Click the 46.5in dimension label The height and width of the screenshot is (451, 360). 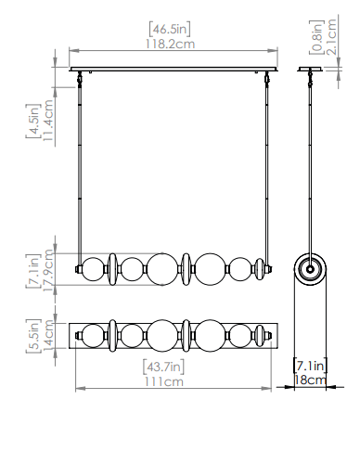pos(170,29)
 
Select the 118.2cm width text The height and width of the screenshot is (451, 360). pos(171,45)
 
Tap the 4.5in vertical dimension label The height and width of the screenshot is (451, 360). pos(33,121)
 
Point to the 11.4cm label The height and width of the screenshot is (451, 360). pos(48,121)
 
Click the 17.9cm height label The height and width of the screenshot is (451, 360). pos(48,270)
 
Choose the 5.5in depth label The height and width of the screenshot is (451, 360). pos(33,336)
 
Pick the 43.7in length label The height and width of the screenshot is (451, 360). pos(163,367)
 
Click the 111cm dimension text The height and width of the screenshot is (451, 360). pos(164,381)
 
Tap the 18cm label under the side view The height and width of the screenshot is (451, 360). pos(310,380)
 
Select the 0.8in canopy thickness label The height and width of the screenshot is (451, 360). pos(316,37)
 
